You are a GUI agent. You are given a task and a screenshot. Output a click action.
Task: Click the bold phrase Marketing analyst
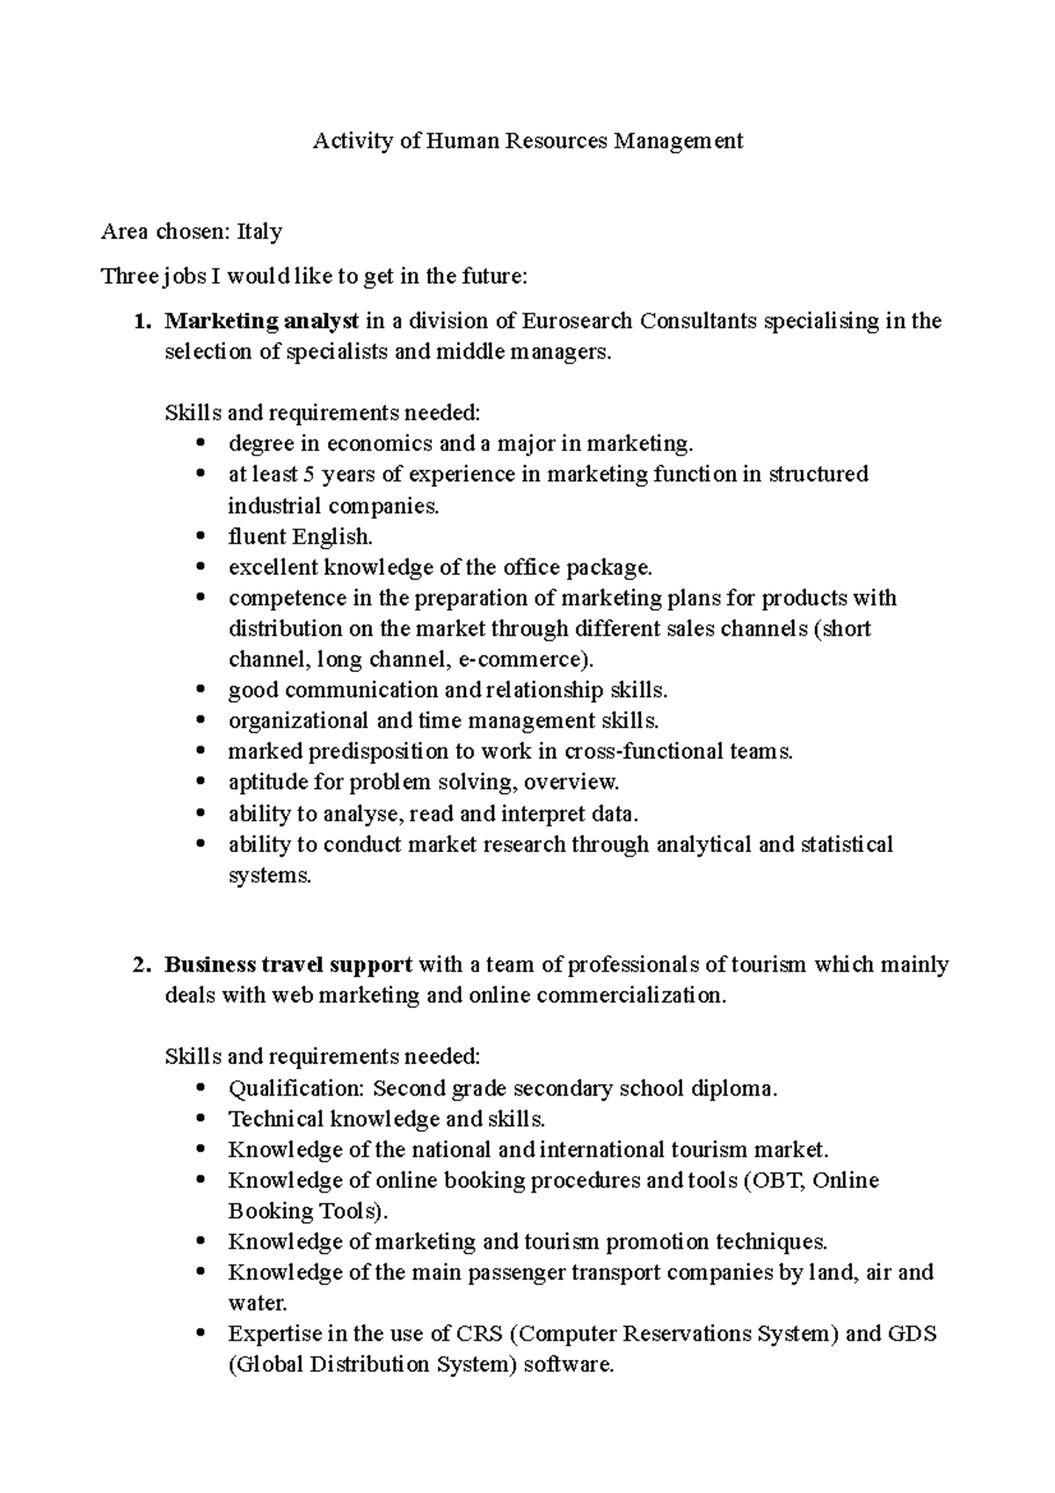tap(261, 321)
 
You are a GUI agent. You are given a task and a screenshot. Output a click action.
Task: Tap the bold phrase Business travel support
tap(288, 965)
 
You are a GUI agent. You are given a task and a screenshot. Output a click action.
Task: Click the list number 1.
tap(141, 321)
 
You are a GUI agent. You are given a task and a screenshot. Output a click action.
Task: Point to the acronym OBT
tap(775, 1180)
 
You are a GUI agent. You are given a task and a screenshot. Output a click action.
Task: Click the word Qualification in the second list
tap(295, 1089)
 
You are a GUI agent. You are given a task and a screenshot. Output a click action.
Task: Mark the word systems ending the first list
tap(268, 876)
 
